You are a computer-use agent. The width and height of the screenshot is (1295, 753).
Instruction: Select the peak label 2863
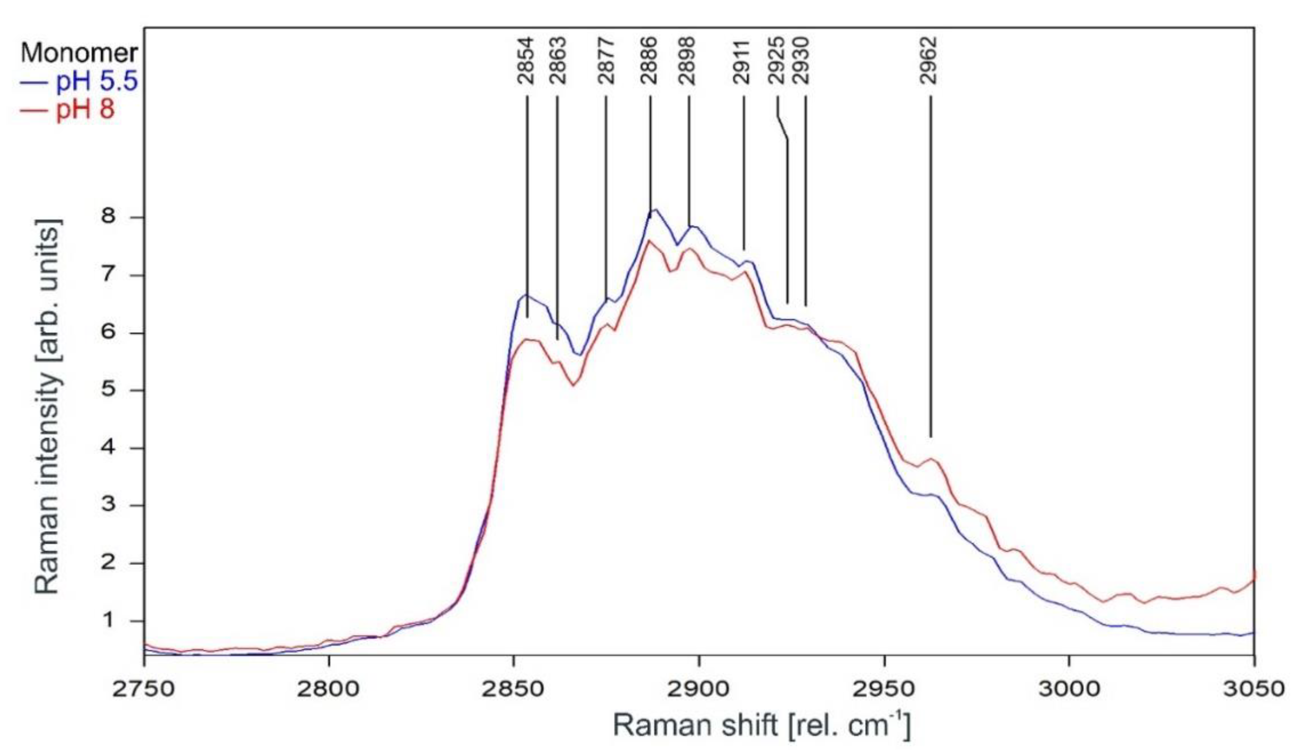click(557, 61)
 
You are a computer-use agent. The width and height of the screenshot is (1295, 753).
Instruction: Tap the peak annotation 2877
click(606, 61)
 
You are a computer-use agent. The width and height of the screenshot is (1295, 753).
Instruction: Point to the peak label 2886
click(650, 61)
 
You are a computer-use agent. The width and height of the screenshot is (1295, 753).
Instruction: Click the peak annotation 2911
click(742, 61)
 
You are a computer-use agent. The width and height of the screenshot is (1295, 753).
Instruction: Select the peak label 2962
click(929, 61)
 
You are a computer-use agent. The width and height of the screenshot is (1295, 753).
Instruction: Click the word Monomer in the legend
click(79, 53)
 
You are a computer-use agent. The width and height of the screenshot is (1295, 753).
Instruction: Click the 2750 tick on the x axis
click(144, 688)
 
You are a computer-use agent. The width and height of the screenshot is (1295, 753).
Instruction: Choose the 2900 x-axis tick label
click(699, 688)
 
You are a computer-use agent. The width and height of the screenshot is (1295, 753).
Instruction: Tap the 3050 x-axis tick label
click(1254, 688)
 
